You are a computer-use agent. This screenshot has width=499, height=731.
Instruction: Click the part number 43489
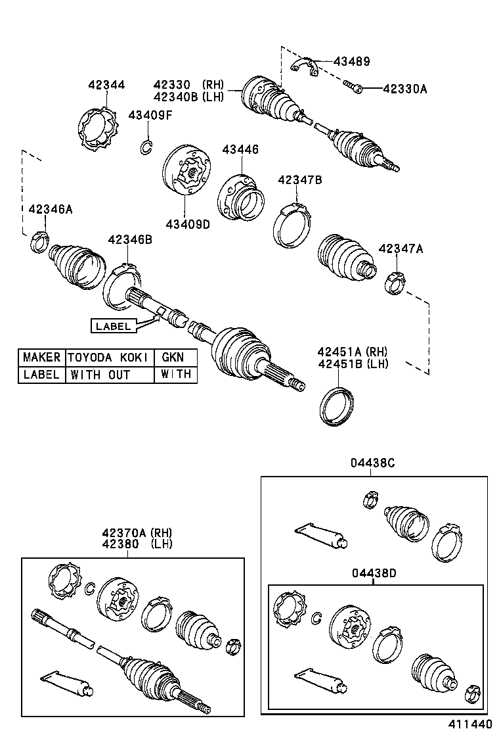351,62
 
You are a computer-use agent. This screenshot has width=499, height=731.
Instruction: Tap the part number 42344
106,85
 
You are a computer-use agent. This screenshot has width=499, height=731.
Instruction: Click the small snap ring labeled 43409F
146,147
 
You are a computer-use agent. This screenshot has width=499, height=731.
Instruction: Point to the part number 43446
240,150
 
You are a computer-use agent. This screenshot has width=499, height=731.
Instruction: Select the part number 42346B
130,240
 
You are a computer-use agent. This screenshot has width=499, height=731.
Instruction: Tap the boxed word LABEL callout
114,325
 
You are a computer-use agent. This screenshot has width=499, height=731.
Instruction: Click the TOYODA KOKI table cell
109,358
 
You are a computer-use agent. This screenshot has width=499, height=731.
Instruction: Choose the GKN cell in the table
173,358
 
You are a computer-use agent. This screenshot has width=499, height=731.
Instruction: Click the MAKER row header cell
41,358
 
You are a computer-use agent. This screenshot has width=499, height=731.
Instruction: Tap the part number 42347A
401,248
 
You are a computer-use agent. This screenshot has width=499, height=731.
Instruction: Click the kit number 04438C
372,463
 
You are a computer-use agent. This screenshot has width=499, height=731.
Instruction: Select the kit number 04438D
373,573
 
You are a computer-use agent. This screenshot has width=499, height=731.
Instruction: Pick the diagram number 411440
469,723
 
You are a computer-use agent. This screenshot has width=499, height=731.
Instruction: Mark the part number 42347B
299,179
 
